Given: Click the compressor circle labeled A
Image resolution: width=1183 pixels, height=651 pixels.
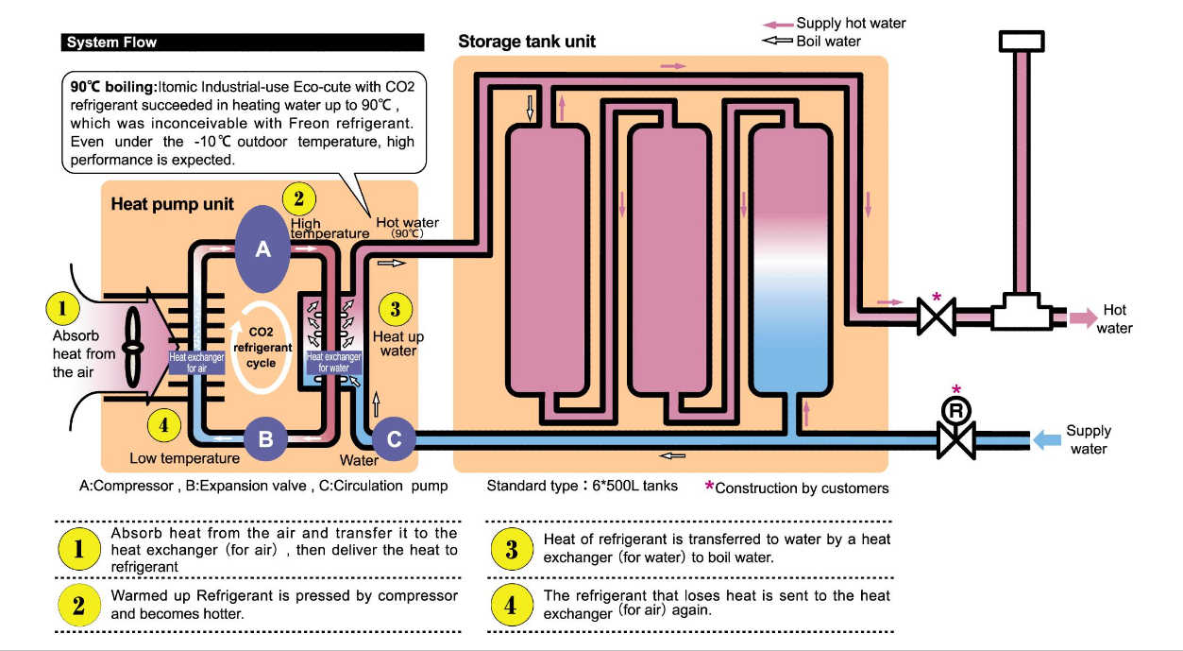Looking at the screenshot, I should [263, 248].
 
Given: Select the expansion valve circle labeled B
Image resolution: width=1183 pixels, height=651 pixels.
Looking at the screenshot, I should [265, 438].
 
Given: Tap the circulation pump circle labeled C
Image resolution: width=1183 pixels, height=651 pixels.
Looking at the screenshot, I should [395, 438].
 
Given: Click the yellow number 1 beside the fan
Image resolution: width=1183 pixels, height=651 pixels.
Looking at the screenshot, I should [62, 308].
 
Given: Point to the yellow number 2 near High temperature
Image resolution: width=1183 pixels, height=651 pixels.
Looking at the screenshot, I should [298, 199].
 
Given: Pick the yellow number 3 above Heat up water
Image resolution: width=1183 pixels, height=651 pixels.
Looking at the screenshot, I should [395, 308].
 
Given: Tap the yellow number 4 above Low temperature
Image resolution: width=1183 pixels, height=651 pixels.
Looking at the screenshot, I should [164, 425].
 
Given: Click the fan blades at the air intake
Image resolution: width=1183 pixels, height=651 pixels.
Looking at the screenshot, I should [133, 347].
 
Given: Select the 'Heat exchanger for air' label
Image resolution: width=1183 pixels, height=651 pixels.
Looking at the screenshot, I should [196, 362].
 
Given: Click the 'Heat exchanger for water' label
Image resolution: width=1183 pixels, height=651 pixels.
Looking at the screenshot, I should [333, 362].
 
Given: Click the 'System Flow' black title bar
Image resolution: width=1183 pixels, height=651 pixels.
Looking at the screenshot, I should [242, 43].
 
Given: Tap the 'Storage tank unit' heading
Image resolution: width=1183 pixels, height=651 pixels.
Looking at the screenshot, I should [527, 43].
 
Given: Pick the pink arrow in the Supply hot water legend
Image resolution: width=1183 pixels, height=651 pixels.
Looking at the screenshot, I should [777, 24].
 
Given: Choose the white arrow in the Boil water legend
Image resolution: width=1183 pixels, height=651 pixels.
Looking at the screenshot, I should [777, 41].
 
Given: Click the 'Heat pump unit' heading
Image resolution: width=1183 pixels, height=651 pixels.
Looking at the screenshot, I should [173, 204].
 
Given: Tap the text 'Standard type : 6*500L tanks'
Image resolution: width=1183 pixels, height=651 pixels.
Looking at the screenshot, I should [582, 486].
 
